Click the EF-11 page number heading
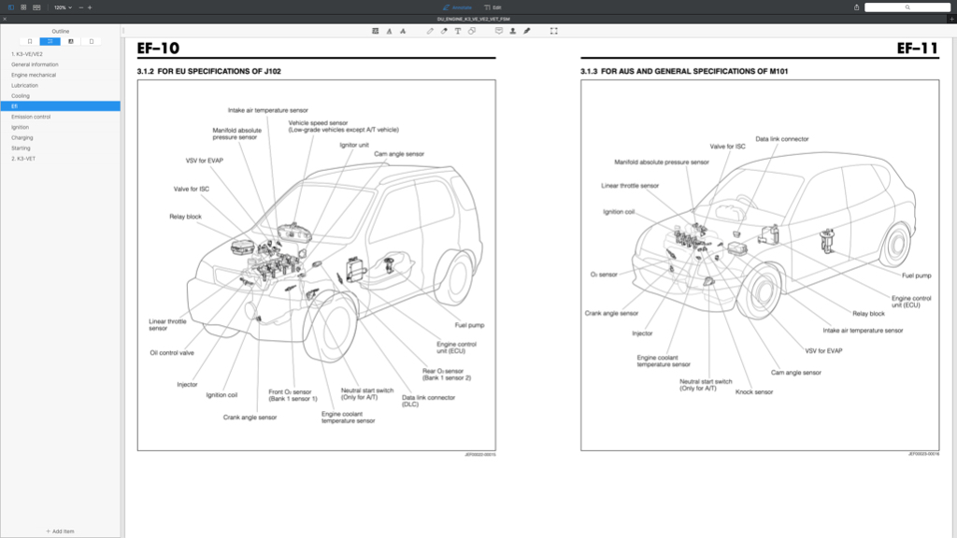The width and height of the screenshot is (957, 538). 917,49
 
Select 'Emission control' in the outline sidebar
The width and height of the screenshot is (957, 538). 31,117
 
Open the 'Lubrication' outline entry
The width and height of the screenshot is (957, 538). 25,85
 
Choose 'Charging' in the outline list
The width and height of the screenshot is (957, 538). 22,137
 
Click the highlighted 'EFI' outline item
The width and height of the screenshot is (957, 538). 15,106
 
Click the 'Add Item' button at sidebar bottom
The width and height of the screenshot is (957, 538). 61,531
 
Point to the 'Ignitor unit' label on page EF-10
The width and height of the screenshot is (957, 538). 354,145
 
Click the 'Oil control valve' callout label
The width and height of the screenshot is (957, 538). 172,353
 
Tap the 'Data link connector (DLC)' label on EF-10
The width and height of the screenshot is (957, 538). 428,401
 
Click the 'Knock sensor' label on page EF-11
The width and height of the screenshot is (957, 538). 754,392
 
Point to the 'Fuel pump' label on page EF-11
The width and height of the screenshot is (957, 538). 916,276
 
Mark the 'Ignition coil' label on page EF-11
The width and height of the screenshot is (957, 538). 620,211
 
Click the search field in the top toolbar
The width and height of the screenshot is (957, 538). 907,7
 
